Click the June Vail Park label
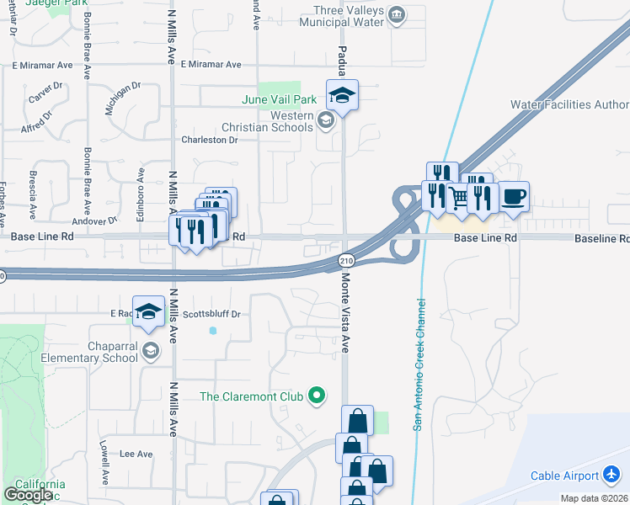point(279,99)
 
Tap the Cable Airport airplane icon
point(612,476)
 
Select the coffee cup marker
point(514,197)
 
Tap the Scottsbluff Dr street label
point(212,314)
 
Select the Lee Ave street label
point(136,454)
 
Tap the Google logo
point(27,495)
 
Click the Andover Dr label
point(93,221)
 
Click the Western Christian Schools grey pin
point(325,121)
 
